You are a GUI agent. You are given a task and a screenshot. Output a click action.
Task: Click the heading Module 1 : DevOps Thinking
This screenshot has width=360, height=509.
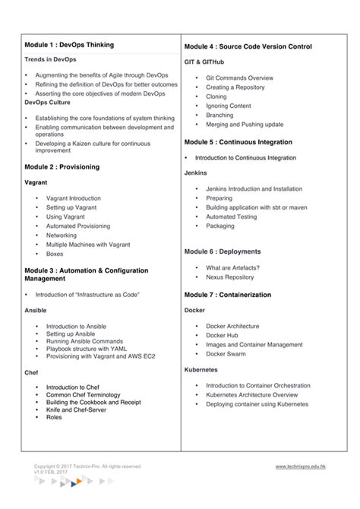pos(69,45)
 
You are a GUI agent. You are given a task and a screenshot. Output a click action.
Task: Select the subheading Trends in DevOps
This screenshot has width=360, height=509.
pos(50,58)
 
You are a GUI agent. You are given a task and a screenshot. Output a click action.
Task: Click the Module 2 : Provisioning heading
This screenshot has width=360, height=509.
pos(62,166)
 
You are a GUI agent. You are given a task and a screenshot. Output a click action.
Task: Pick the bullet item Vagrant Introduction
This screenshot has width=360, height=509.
pos(73,198)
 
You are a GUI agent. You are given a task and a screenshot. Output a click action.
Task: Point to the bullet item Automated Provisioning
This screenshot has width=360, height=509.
pos(77,226)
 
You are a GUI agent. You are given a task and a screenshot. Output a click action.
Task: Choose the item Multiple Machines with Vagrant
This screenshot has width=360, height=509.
pos(87,245)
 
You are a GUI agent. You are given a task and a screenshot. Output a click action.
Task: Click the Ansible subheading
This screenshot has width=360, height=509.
pos(36,310)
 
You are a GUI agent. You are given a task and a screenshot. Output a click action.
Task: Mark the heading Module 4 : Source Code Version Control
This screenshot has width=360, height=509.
pos(248,46)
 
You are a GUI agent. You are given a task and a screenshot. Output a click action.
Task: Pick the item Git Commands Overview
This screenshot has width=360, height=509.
pos(239,77)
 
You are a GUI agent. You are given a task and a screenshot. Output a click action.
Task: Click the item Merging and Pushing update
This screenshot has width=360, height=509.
pos(245,124)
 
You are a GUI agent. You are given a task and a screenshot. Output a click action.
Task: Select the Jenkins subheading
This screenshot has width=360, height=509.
pos(196,172)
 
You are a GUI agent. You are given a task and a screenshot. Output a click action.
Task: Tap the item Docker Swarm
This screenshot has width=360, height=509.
pos(226,353)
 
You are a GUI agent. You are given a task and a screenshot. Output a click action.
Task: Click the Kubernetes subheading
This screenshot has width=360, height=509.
pos(201,369)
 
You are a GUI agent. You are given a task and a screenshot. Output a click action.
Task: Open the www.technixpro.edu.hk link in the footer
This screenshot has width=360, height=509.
pos(301,466)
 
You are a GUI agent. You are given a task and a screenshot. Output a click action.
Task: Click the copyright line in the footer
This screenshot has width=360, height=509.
pos(87,466)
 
